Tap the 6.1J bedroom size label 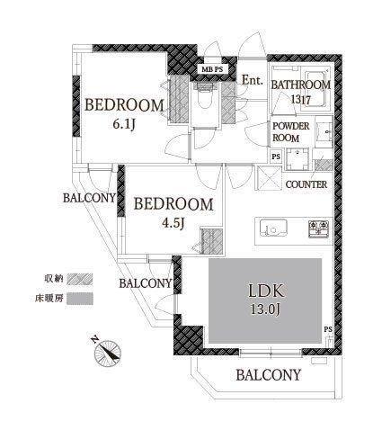124,124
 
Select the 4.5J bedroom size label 173,222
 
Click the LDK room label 266,291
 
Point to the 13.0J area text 265,309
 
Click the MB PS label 212,69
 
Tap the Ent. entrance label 253,80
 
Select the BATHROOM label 301,85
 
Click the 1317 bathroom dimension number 301,99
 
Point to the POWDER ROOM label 290,132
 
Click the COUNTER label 306,184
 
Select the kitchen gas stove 319,228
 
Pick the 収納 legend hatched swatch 80,279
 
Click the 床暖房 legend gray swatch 80,299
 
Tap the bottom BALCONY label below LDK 268,375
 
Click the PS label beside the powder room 276,157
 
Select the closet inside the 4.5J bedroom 212,241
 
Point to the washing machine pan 298,159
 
